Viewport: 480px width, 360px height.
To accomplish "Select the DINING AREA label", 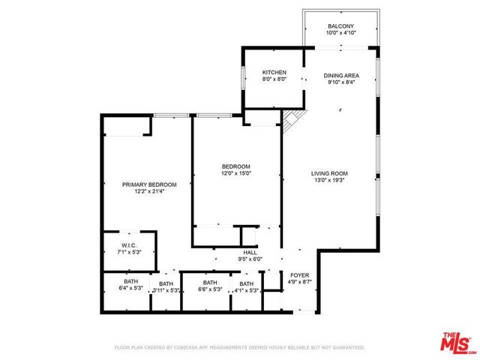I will [x=341, y=76].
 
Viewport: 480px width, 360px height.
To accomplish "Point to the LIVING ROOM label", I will [x=329, y=174].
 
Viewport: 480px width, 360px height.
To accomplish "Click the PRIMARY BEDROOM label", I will [x=149, y=184].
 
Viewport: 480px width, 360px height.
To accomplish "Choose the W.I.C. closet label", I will [x=129, y=246].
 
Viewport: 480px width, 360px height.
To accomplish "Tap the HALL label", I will [x=250, y=253].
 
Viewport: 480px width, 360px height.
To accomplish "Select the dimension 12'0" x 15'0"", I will [x=235, y=173].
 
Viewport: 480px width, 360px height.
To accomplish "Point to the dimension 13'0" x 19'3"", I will [x=329, y=181].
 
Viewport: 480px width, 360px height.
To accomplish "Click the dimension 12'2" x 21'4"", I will [x=149, y=191].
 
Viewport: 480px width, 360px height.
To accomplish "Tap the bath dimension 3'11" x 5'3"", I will [x=165, y=290].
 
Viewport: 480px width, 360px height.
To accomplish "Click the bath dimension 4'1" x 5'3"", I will [x=246, y=290].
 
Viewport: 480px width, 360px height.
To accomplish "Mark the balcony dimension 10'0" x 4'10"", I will [x=341, y=33].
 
